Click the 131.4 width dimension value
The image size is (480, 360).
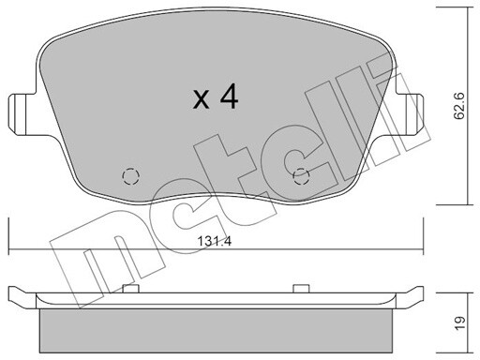pyautogui.click(x=215, y=241)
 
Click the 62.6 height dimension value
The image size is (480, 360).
pyautogui.click(x=459, y=106)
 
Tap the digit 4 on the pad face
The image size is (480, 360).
pyautogui.click(x=229, y=97)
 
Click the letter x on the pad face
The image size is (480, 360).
pyautogui.click(x=201, y=100)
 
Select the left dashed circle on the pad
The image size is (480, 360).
pyautogui.click(x=131, y=176)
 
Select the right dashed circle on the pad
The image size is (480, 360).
pyautogui.click(x=301, y=176)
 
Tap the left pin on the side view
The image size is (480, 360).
pyautogui.click(x=130, y=289)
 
